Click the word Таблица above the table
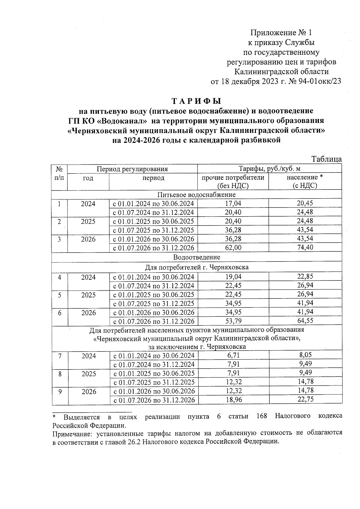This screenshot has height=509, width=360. coord(326,159)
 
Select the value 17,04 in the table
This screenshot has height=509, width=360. coord(233,203)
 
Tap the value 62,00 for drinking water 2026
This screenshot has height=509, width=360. coord(233,248)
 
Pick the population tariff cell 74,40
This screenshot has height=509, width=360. coord(305,248)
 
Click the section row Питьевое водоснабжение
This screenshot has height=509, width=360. coord(196,195)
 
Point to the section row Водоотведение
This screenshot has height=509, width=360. coord(196,257)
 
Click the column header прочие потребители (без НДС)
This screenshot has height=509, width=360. coord(233,181)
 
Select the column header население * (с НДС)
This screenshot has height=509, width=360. coord(305,181)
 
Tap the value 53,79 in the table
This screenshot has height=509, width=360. coord(233,321)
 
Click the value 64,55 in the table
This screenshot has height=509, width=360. coord(305,321)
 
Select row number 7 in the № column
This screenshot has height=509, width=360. coord(60,356)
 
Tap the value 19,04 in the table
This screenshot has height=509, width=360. coord(233,277)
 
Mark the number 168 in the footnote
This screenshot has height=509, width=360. coord(262,417)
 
